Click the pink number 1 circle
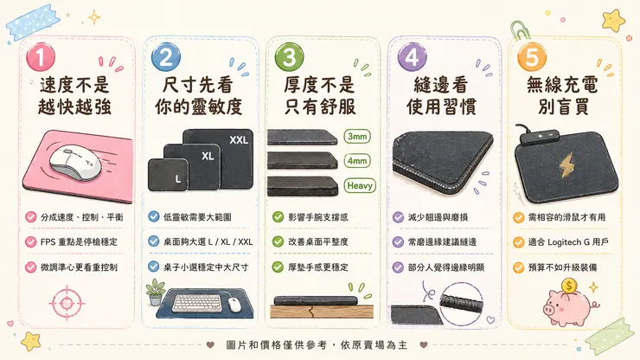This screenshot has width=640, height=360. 41,56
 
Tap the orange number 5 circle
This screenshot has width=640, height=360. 531,56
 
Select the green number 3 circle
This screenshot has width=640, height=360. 289,56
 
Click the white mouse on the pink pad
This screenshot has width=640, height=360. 75,162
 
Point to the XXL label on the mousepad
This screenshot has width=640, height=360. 239,140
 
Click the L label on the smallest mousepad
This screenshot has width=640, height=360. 177,178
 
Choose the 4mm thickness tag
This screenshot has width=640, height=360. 357,161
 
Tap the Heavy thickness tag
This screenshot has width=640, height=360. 359,185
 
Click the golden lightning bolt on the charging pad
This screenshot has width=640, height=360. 566,165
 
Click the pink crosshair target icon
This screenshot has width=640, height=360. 67,303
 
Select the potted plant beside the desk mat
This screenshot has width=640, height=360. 155,292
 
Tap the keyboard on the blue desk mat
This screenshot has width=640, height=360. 197,303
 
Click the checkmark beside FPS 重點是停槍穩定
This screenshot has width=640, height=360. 30,242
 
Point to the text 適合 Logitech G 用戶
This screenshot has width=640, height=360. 568,242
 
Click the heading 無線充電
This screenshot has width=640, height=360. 562,85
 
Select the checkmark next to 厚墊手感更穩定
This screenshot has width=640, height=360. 278,267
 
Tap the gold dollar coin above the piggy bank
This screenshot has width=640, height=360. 569,286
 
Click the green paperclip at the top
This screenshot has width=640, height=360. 518,29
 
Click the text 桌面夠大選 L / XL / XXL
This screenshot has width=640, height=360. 208,242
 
